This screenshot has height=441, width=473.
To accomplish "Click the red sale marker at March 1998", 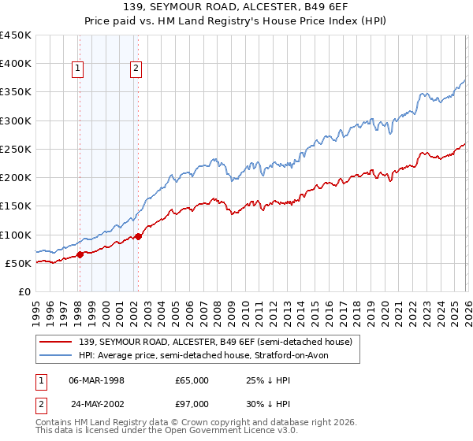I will (80, 254).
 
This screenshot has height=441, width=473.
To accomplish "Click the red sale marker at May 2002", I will (138, 236).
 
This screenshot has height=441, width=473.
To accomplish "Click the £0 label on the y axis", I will (24, 291).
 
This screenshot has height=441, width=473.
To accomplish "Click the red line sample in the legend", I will (57, 341).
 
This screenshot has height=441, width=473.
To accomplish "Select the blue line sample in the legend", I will (57, 355).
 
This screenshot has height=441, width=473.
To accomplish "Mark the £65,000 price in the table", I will (192, 380).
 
